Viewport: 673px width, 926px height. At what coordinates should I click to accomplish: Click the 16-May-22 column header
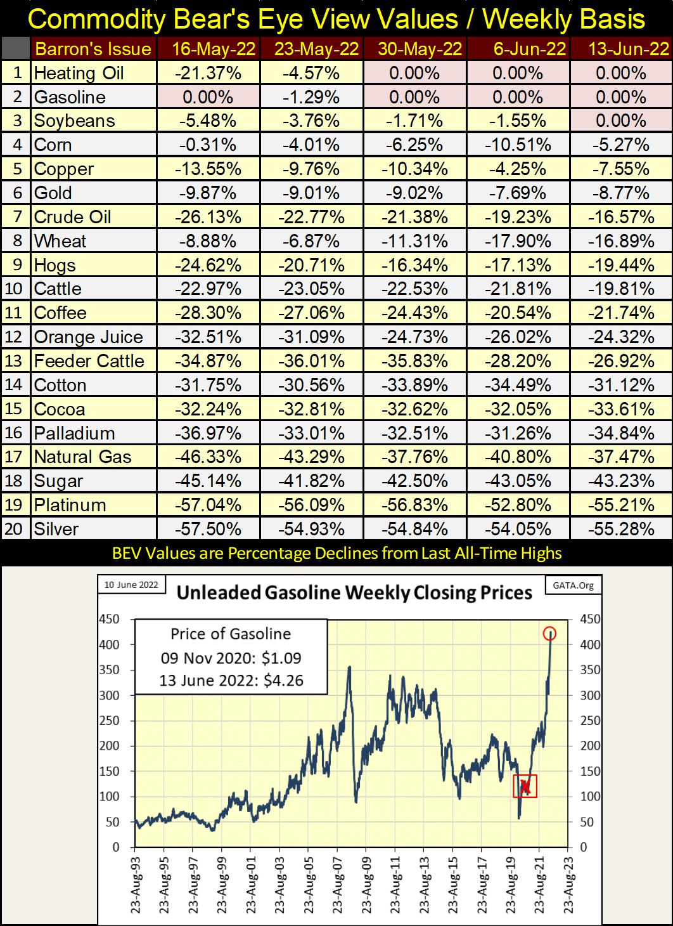click(x=207, y=49)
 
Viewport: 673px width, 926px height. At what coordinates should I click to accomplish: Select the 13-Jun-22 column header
click(x=621, y=49)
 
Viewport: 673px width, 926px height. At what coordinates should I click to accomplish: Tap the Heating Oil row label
click(x=79, y=73)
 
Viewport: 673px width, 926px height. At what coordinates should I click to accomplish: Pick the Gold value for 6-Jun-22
click(x=518, y=193)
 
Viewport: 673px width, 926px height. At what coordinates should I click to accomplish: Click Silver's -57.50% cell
click(x=207, y=529)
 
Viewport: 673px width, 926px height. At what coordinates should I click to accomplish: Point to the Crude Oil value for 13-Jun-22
click(x=621, y=217)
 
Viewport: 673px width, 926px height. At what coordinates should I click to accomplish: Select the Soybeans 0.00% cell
click(x=621, y=121)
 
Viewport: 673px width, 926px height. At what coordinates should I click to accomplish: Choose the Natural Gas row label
click(x=82, y=457)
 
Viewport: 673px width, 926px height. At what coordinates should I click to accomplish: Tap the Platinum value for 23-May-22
click(x=311, y=505)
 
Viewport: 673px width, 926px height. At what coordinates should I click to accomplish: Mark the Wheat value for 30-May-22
click(x=414, y=241)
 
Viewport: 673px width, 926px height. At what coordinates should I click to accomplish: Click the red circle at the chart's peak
click(x=549, y=633)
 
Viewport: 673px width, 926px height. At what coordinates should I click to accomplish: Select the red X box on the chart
click(x=525, y=786)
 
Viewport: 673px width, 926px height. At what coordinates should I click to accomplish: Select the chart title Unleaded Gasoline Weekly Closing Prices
click(x=354, y=593)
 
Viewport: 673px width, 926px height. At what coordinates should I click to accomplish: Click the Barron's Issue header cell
click(x=93, y=49)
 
